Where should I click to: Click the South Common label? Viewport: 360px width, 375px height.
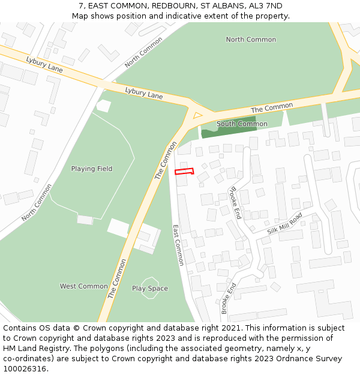242,124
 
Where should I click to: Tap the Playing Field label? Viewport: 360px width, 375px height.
92,169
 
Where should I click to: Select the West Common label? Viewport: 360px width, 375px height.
84,286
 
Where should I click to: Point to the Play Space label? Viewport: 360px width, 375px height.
150,289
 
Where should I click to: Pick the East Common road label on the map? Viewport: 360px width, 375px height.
178,245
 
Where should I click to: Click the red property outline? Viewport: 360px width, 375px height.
184,172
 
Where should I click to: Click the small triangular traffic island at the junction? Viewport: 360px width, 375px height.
197,115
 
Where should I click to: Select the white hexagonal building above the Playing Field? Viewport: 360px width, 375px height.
104,106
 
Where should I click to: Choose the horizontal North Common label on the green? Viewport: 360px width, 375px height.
251,40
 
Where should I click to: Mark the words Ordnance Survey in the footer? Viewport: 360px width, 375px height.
311,359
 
